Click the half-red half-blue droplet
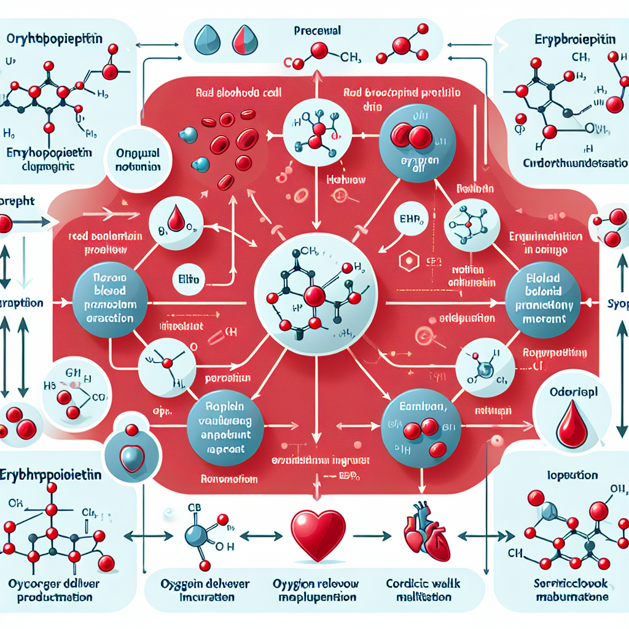point(241,40)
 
